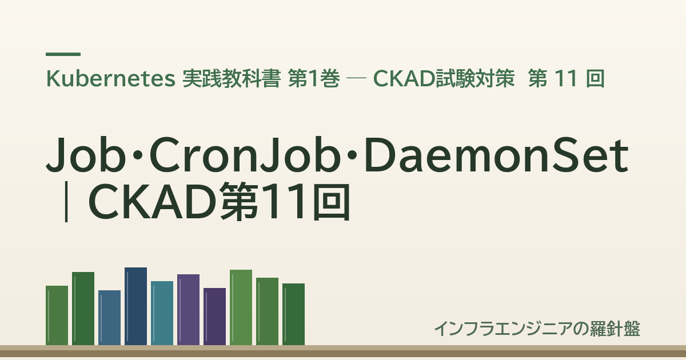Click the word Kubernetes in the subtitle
coord(110,79)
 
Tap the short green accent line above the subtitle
coord(63,54)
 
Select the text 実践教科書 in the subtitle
coord(232,79)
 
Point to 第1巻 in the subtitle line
coord(314,79)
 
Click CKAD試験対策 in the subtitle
coord(444,79)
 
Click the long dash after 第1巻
coord(356,79)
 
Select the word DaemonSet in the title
coord(496,155)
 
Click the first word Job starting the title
coord(86,155)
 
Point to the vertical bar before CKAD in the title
coord(66,201)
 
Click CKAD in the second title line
coord(152,201)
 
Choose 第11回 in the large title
coord(285,201)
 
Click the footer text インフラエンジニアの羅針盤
coord(537,329)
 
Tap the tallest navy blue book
coord(135,306)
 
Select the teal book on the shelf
coord(162,313)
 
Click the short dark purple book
coord(215,317)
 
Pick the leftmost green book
coord(57,315)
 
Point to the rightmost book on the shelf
coord(294,314)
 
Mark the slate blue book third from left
coord(109,318)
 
